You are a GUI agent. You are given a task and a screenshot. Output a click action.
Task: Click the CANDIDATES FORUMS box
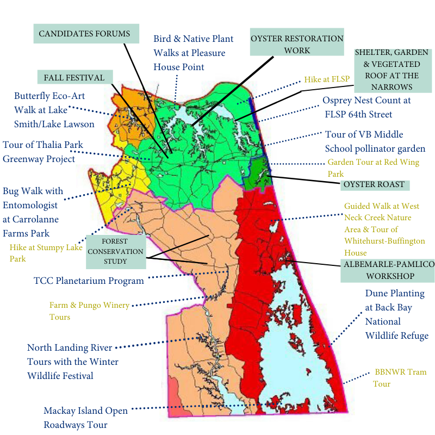tap(84, 34)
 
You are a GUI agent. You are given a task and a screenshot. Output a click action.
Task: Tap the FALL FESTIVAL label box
tap(74, 78)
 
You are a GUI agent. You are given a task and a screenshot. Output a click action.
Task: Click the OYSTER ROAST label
tap(375, 184)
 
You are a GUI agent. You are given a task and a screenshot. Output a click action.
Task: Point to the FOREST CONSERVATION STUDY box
tap(115, 252)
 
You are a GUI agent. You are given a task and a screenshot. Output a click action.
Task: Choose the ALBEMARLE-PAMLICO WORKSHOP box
tap(387, 270)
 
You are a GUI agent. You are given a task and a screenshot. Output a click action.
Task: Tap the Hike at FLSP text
tap(326, 79)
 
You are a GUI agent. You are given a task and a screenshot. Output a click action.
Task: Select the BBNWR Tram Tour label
tap(400, 378)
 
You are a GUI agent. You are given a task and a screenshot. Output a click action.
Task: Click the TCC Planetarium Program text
tap(89, 281)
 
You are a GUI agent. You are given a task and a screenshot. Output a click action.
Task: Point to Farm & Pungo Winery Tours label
tap(89, 310)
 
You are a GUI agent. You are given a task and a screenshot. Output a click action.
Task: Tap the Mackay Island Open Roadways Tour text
tap(85, 417)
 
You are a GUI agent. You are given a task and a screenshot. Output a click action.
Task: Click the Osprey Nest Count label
tap(366, 107)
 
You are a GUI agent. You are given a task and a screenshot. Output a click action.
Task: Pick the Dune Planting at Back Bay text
tap(396, 314)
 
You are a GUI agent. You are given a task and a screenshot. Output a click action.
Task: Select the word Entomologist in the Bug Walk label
tap(33, 205)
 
